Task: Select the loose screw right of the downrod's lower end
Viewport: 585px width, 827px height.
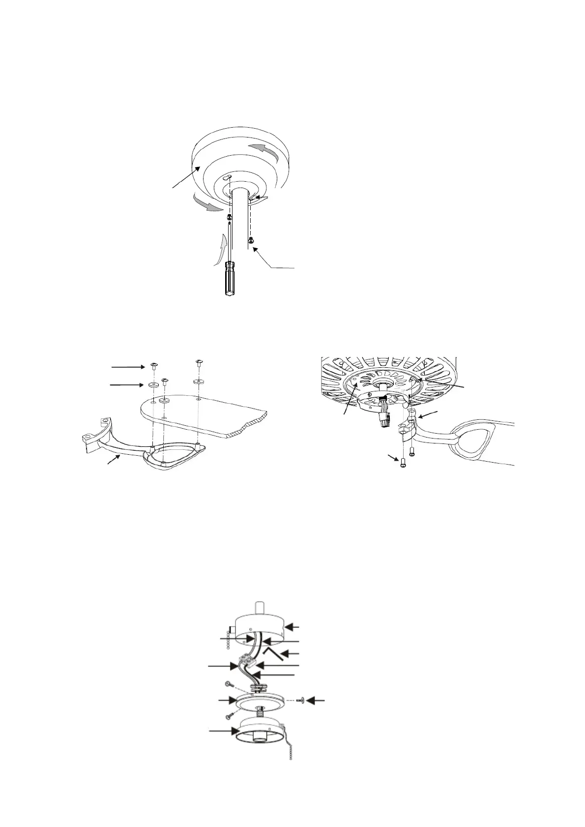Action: (251, 240)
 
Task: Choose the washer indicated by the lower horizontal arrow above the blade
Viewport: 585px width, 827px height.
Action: (152, 385)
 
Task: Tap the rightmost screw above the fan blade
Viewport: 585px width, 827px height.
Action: (199, 363)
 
